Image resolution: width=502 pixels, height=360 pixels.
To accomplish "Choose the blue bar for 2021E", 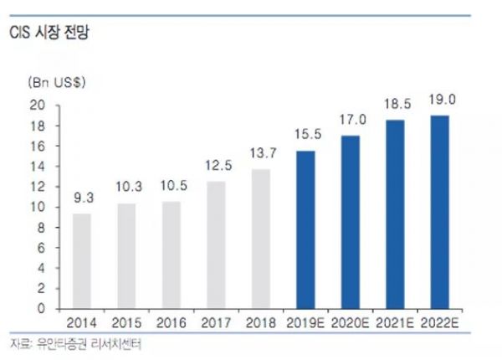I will (x=394, y=214).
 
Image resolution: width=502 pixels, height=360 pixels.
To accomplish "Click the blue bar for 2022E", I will (x=438, y=212).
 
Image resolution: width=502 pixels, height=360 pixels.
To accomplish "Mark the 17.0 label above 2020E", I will (x=351, y=121).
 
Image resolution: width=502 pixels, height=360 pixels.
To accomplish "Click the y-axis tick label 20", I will (x=37, y=105).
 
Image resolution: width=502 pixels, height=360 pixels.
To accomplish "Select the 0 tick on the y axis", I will (x=40, y=308).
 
